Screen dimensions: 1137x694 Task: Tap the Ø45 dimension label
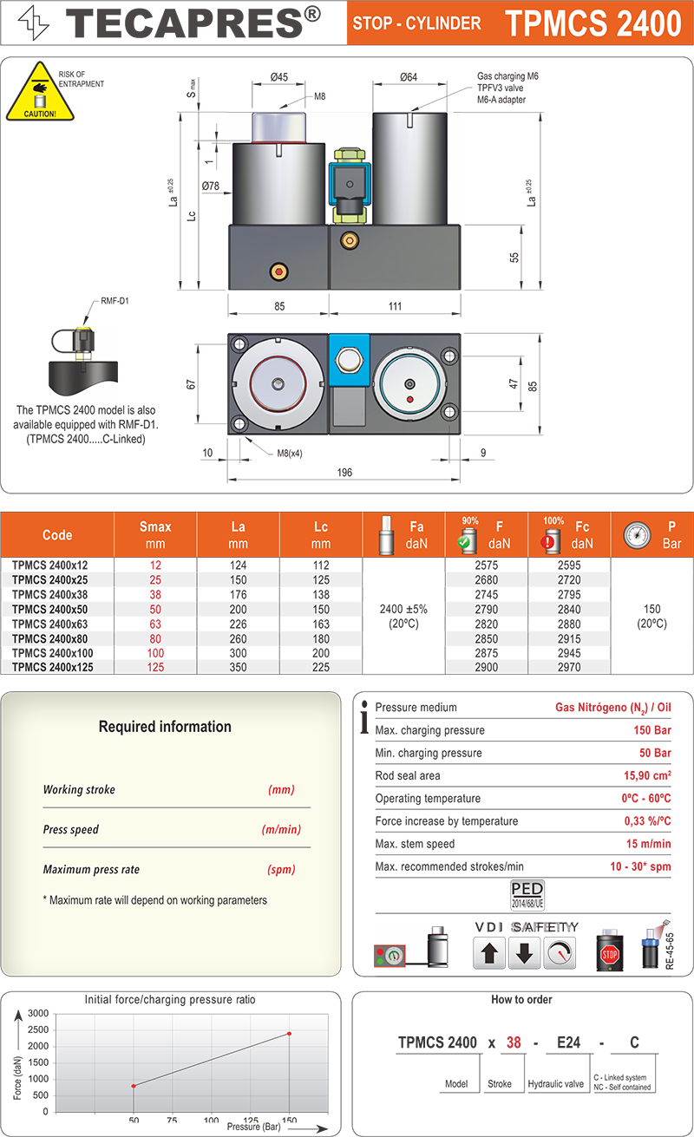click(x=278, y=77)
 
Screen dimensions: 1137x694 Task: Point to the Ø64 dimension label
click(x=409, y=77)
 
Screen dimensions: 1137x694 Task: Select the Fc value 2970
click(x=569, y=667)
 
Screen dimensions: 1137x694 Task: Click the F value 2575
click(x=487, y=565)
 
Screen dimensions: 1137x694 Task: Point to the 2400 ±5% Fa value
click(x=403, y=609)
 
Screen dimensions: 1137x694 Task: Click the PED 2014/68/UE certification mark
click(x=527, y=893)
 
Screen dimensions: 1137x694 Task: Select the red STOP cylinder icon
click(x=610, y=952)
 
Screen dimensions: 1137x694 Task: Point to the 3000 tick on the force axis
click(x=38, y=1013)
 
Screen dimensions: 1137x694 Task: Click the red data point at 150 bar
click(x=289, y=1033)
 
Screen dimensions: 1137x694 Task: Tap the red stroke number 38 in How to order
click(x=514, y=1042)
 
